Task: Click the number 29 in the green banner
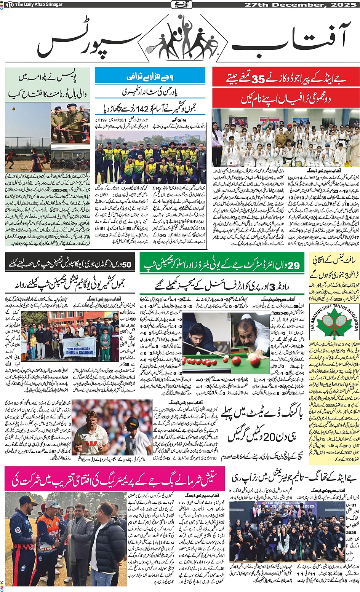pyautogui.click(x=294, y=265)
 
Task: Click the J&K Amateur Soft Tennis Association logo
pyautogui.click(x=334, y=324)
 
